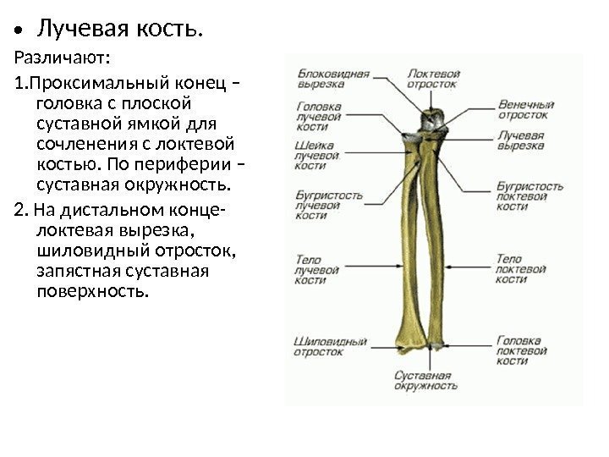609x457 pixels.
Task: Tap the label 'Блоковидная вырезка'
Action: point(332,79)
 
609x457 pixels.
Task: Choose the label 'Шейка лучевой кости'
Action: point(317,156)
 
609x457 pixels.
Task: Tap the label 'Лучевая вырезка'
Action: point(520,140)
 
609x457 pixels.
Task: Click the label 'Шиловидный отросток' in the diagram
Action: point(329,346)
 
